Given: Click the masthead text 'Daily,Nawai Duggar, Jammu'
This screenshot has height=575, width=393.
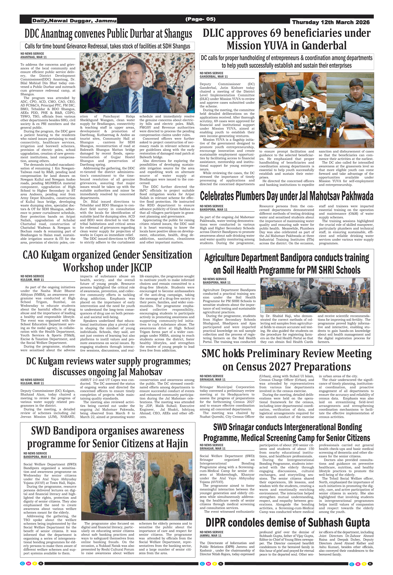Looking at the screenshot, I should [74, 21].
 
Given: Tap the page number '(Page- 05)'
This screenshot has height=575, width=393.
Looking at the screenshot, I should [200, 19].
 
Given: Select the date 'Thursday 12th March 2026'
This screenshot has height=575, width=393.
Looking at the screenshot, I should [331, 22].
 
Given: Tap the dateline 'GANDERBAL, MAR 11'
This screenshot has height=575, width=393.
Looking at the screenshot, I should [214, 77].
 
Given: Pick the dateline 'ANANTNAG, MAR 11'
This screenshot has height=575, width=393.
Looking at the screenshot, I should [34, 57].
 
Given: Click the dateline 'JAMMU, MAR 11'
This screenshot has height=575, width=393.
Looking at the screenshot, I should [210, 536].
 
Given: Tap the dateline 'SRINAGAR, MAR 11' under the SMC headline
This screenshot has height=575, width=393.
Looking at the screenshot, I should [212, 379].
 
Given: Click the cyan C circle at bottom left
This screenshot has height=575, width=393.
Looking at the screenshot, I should [23, 563].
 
